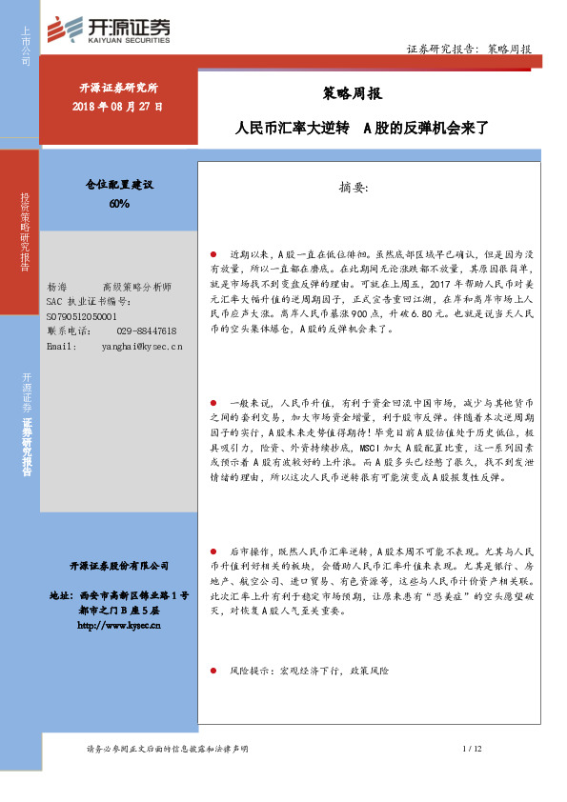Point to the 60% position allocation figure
119,204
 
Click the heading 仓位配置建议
119,187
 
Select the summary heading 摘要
358,188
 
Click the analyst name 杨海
57,287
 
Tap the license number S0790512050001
81,315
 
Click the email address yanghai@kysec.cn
141,346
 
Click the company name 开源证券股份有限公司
119,565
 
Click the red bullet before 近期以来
214,255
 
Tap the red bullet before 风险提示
214,672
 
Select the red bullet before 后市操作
214,551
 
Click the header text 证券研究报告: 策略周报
468,49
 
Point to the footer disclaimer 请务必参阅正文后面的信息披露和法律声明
167,750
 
